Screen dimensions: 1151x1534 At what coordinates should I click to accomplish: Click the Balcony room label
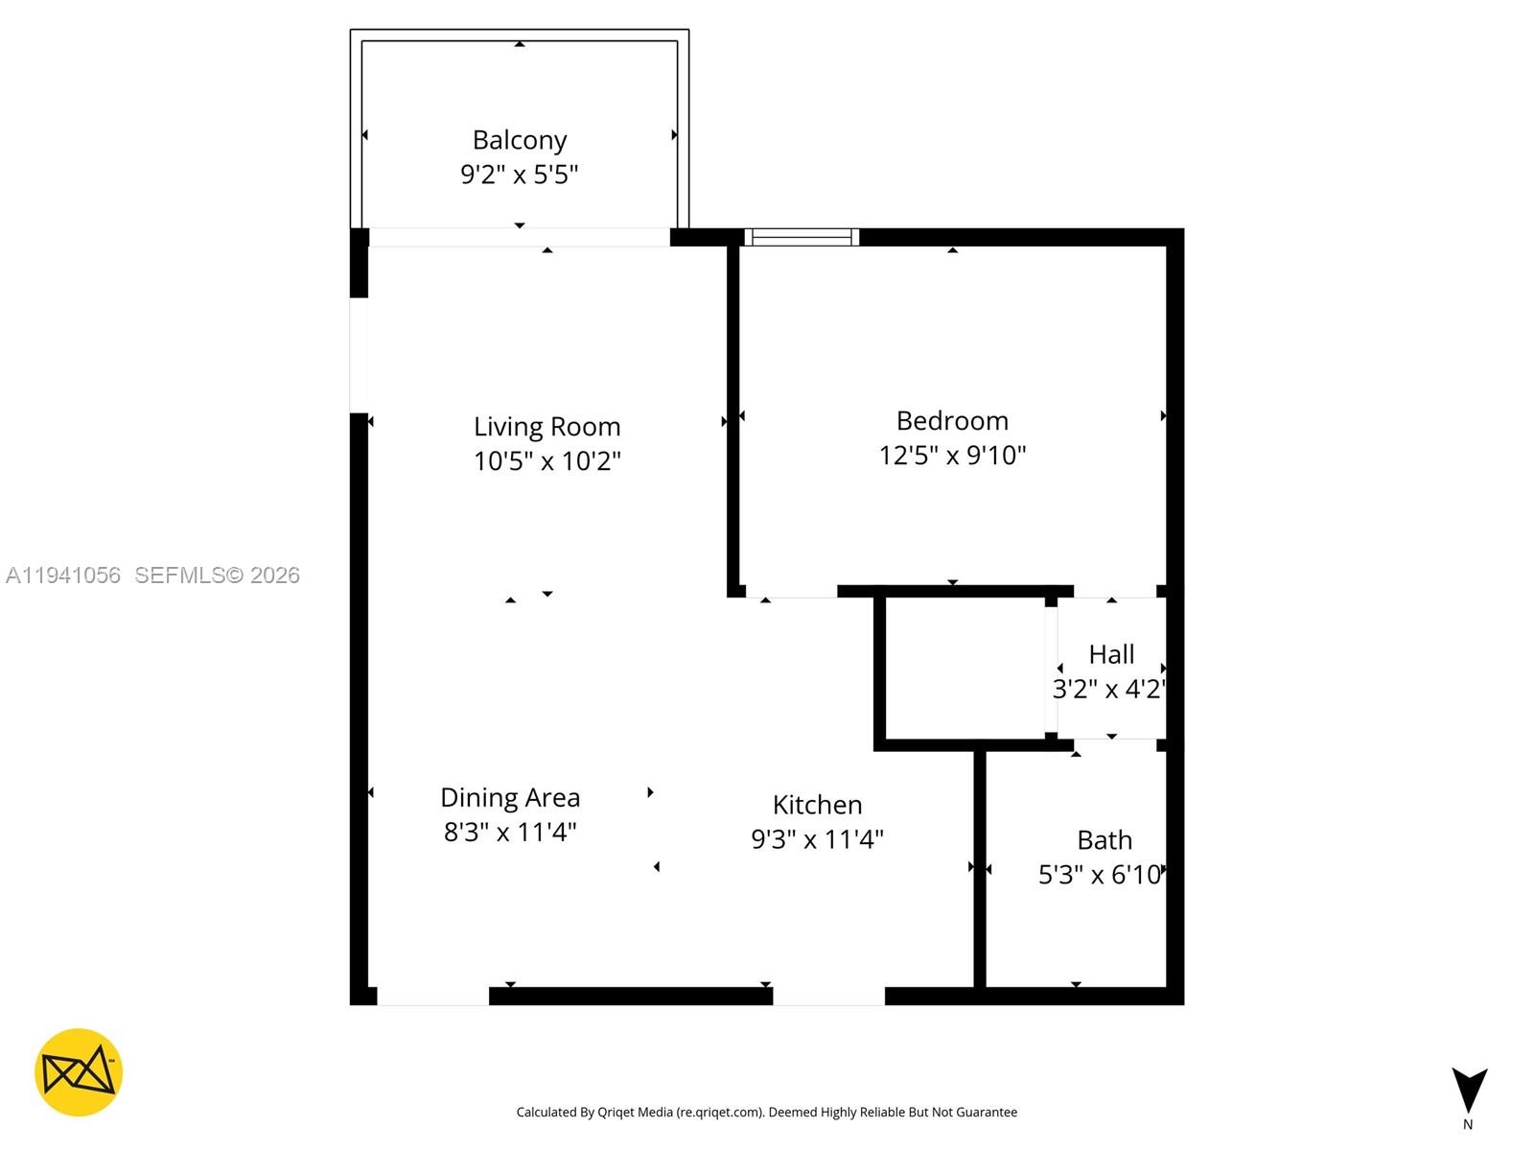[520, 140]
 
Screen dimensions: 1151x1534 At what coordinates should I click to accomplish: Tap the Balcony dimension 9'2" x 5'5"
[520, 175]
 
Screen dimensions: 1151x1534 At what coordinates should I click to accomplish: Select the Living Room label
[547, 426]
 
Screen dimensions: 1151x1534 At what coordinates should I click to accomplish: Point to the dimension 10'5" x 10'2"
[547, 461]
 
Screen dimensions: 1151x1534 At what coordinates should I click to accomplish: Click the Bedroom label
[952, 420]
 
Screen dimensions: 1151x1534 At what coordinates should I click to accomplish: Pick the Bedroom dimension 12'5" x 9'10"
[952, 456]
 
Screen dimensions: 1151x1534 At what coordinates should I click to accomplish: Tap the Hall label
[1111, 654]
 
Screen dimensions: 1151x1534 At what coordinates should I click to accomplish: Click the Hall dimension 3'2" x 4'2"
[1109, 690]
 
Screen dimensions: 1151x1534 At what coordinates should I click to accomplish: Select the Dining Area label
[510, 797]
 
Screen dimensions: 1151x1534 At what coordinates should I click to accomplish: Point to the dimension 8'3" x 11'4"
[510, 832]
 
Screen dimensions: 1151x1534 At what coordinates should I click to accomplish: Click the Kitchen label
[818, 804]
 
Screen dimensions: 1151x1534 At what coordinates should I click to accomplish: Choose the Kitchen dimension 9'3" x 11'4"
[818, 839]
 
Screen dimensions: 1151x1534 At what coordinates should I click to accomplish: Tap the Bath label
[1104, 840]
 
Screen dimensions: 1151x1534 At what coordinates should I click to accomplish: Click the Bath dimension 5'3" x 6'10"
[1102, 875]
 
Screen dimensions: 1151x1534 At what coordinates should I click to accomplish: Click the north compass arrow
[1468, 1092]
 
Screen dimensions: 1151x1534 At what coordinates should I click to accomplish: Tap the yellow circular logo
[79, 1072]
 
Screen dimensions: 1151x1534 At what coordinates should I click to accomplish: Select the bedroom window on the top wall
[802, 237]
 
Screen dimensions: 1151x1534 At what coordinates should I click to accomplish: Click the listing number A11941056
[63, 575]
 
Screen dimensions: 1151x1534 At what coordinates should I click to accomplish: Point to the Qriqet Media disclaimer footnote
[767, 1113]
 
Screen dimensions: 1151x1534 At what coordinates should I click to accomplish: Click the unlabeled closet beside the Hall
[965, 669]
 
